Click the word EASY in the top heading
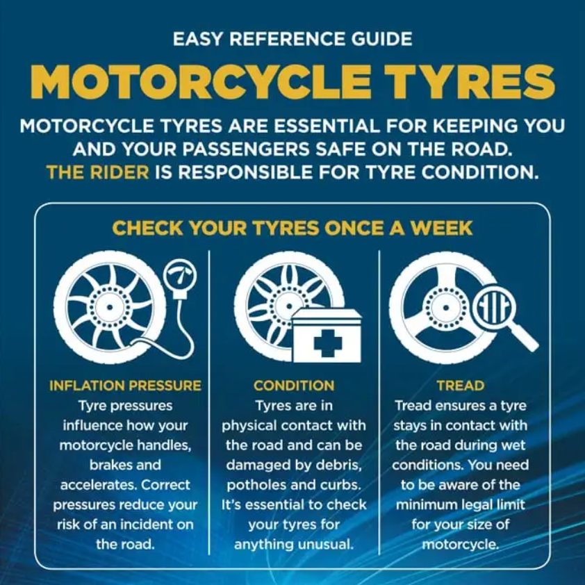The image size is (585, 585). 199,39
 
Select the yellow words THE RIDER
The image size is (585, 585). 98,172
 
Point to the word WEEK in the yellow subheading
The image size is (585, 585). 441,228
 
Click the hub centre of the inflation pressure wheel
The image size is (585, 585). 109,307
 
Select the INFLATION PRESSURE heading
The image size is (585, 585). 125,386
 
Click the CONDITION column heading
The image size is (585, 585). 294,386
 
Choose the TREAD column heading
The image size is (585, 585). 461,386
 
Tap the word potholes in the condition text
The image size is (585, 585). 256,485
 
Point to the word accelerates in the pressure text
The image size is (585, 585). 99,485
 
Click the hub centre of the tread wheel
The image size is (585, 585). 445,307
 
